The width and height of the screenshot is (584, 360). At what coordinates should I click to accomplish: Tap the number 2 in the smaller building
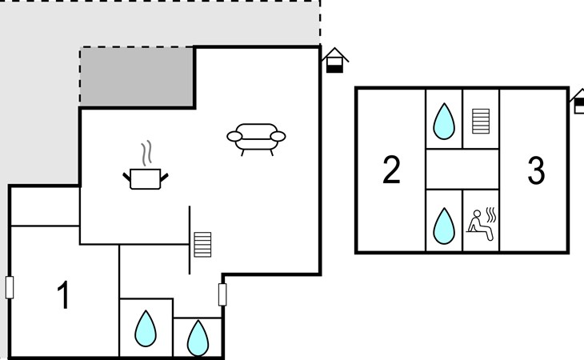(391, 170)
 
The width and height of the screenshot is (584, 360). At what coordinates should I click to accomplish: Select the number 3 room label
(536, 170)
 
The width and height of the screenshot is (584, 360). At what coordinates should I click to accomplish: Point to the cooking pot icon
(146, 178)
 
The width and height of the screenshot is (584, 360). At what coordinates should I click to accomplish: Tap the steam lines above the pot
(145, 152)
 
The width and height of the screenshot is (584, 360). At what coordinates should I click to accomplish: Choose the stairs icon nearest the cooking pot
(202, 244)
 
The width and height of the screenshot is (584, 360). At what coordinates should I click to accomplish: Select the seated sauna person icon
(482, 221)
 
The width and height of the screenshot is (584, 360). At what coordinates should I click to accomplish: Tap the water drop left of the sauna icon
(443, 225)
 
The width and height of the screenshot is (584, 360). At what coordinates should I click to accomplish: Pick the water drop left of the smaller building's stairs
(443, 121)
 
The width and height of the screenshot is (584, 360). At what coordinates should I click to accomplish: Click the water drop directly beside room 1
(145, 328)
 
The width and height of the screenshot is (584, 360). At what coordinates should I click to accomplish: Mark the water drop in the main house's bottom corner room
(198, 338)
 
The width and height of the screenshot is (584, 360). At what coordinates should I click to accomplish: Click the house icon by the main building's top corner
(335, 60)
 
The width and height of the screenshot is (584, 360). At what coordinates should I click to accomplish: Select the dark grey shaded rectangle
(137, 77)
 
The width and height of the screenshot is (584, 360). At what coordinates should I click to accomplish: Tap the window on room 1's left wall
(10, 287)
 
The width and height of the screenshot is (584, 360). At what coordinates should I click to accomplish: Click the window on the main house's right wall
(223, 294)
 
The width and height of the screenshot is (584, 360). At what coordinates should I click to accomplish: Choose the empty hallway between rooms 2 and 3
(462, 169)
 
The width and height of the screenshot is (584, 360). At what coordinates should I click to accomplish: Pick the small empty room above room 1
(44, 206)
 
